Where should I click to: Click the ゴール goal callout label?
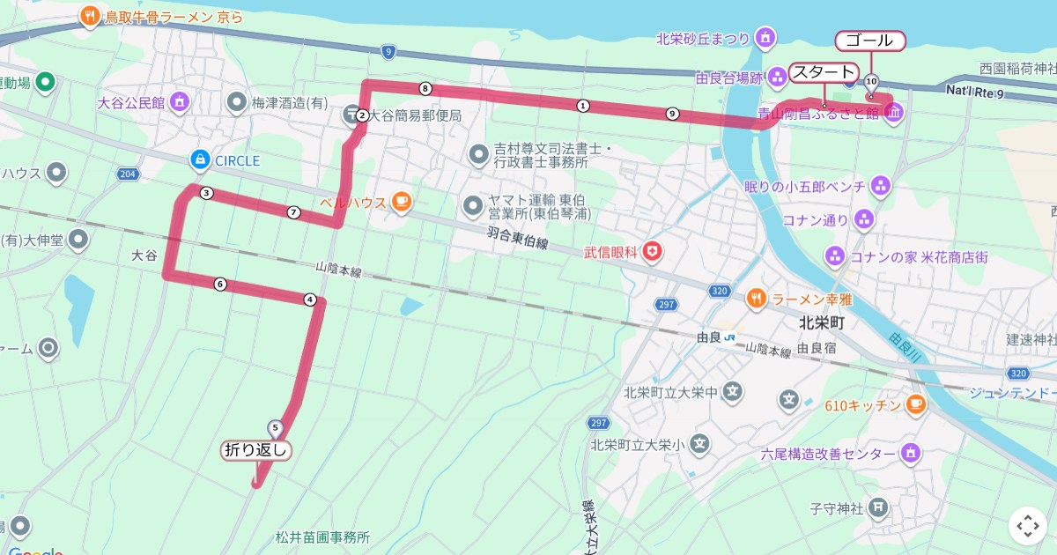[869, 41]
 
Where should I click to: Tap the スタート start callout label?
[823, 72]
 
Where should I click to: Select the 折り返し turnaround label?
[256, 450]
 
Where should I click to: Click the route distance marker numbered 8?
[425, 88]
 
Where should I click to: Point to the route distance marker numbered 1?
[582, 106]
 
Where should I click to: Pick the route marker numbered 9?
[672, 114]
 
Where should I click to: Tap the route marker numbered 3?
[205, 193]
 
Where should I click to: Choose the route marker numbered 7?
[293, 212]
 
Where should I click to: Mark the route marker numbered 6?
[219, 284]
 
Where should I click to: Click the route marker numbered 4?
[309, 300]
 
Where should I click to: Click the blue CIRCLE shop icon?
[200, 159]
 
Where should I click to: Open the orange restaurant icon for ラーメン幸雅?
[756, 299]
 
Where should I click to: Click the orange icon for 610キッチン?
[915, 404]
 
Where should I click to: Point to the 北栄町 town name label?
[821, 323]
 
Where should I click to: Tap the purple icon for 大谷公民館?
[181, 102]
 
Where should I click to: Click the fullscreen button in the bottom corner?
[1027, 526]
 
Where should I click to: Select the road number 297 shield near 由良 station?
[666, 305]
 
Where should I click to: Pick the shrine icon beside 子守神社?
[878, 507]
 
